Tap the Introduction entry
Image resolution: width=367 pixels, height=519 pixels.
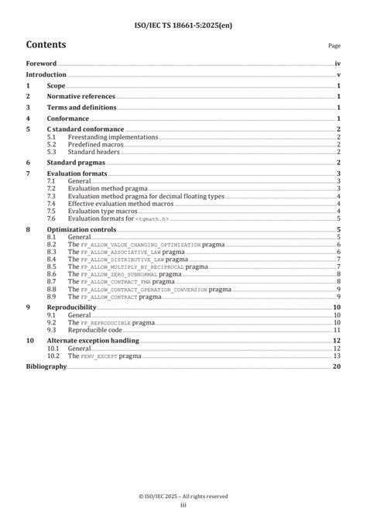pyautogui.click(x=46, y=75)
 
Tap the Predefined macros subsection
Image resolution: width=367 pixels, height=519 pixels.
pyautogui.click(x=94, y=144)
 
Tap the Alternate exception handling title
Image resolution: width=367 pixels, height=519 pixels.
pyautogui.click(x=93, y=341)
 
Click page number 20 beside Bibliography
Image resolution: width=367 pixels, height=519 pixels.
pyautogui.click(x=337, y=366)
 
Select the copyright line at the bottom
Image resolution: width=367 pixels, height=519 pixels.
pyautogui.click(x=183, y=496)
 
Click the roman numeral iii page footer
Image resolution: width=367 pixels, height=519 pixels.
pyautogui.click(x=183, y=504)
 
